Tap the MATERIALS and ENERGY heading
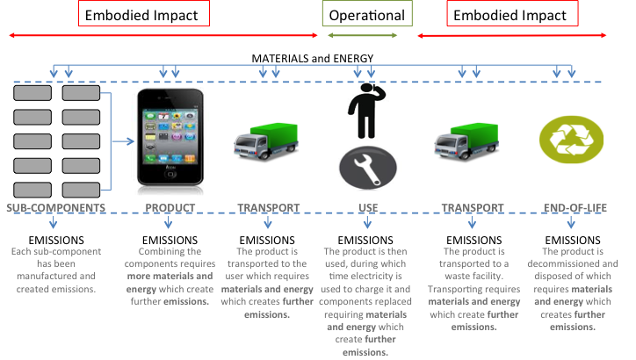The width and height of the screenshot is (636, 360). coord(313,58)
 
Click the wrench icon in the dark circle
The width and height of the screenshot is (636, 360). coord(368,168)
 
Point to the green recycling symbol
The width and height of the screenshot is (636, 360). coord(571,140)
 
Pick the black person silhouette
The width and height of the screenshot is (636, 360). coord(363,111)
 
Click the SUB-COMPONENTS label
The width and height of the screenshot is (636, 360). coord(56,207)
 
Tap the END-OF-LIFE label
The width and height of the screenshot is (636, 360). coord(575,207)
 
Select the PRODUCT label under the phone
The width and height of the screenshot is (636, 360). coord(170,207)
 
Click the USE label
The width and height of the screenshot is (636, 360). coord(368,207)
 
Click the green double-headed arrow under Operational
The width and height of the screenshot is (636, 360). coord(362,35)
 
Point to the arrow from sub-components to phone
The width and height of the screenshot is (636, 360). coord(123,141)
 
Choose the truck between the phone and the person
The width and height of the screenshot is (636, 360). coord(265,140)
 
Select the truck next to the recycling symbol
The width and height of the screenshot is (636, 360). coord(466,140)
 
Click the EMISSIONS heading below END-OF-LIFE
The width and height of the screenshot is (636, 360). coord(573,240)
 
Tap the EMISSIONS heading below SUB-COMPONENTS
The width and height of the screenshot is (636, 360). coord(56,240)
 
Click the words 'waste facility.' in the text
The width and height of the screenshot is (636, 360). coord(473,276)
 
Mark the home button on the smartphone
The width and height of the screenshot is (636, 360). coord(170,175)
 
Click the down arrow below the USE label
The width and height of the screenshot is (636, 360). coord(367,222)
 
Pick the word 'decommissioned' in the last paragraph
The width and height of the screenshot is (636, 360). coord(559,263)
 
